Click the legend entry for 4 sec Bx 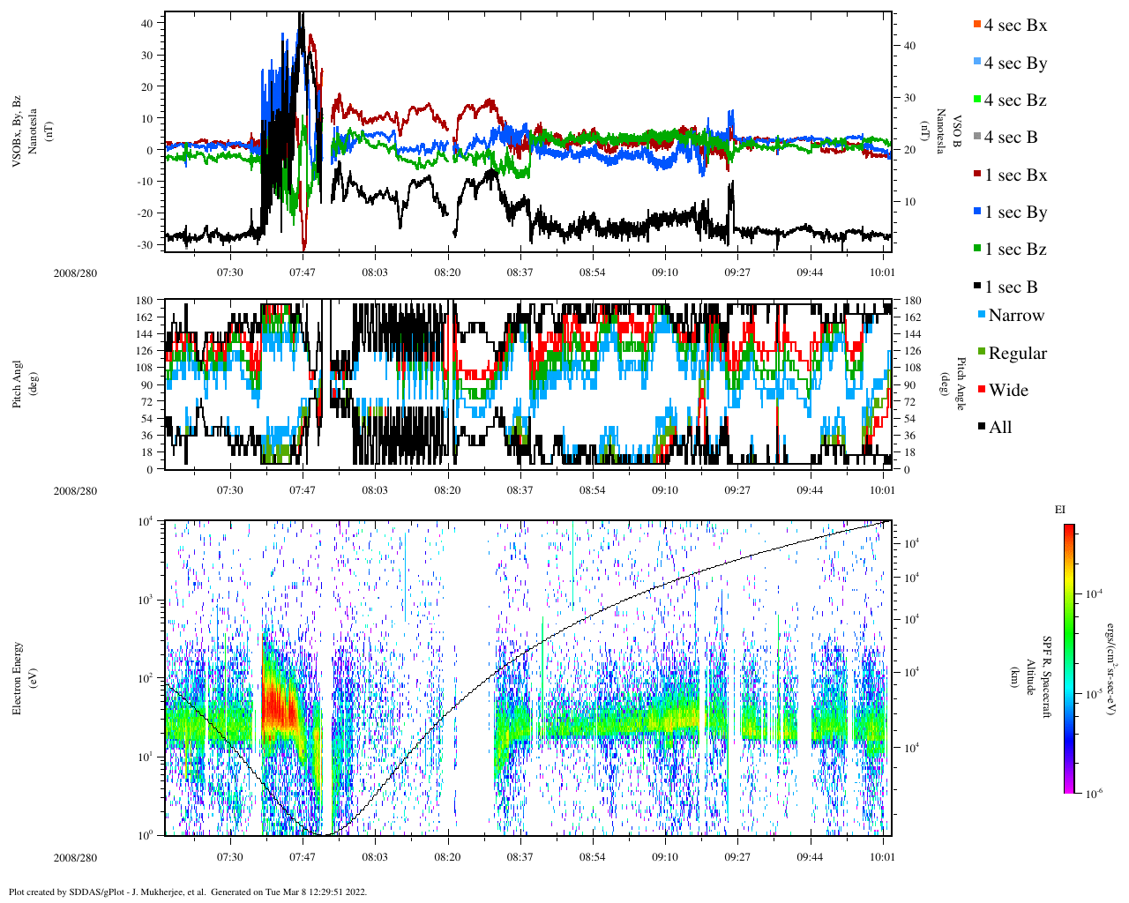pos(1015,26)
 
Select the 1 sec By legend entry pos(1015,213)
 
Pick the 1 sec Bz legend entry pos(1015,250)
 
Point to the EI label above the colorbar pos(1060,510)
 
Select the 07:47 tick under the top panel pos(303,272)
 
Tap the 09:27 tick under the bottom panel pos(737,856)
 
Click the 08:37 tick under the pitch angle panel pos(520,489)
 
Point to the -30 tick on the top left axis pos(146,244)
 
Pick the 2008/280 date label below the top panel pos(75,272)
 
